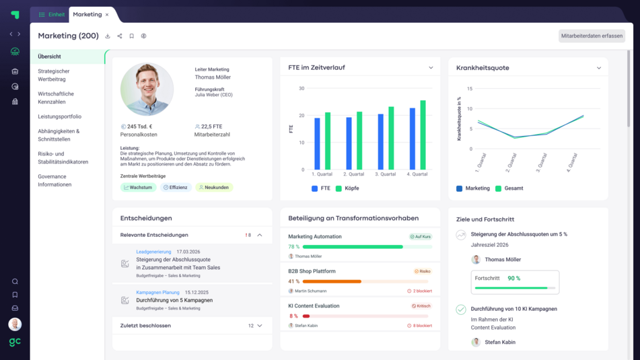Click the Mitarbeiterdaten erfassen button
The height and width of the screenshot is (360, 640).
[592, 36]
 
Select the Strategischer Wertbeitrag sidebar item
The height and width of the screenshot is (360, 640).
[54, 75]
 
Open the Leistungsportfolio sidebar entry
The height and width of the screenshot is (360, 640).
[59, 116]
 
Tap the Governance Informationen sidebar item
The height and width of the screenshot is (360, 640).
[55, 180]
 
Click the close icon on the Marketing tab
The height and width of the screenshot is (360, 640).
[107, 15]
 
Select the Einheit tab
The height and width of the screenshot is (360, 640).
[52, 15]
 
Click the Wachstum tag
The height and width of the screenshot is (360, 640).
[138, 188]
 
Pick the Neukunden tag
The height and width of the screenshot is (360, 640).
[214, 188]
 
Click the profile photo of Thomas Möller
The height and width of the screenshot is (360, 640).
[147, 89]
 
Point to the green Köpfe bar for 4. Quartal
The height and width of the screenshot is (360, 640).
[423, 135]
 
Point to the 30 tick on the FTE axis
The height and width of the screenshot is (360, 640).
[301, 88]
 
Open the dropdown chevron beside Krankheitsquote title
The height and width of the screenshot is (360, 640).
[598, 68]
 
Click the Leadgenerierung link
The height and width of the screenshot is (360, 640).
[153, 252]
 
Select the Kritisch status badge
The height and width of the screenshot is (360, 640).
[421, 305]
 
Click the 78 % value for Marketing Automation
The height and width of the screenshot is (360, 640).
[293, 247]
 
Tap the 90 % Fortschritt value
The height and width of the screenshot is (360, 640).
[514, 278]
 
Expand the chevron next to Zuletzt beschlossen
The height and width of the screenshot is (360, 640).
[260, 326]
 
